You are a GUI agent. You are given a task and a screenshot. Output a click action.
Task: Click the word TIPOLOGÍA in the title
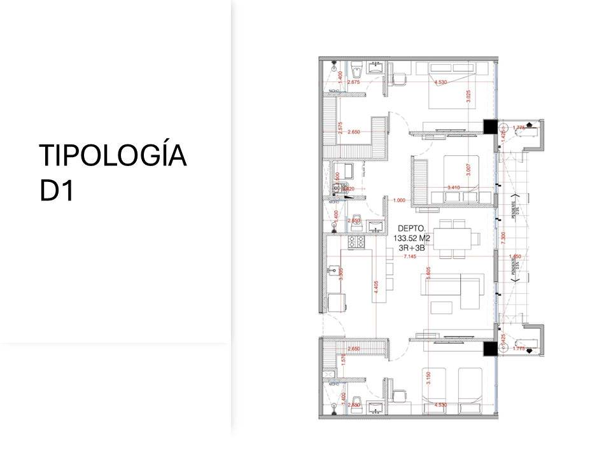[113, 156]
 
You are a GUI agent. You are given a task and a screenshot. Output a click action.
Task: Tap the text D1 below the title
[57, 191]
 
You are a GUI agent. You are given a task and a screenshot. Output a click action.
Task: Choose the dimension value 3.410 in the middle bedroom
[454, 188]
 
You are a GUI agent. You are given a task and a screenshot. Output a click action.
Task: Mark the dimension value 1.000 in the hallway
[399, 200]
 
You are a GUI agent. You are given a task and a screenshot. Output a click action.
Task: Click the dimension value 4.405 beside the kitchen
[377, 286]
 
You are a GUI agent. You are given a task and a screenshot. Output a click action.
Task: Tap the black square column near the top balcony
[491, 127]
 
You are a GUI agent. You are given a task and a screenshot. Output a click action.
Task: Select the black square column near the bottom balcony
[490, 348]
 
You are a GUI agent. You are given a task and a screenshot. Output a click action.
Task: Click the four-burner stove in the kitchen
[355, 242]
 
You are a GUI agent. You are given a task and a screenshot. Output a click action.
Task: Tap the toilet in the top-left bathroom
[357, 67]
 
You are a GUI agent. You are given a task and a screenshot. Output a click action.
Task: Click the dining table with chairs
[453, 239]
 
